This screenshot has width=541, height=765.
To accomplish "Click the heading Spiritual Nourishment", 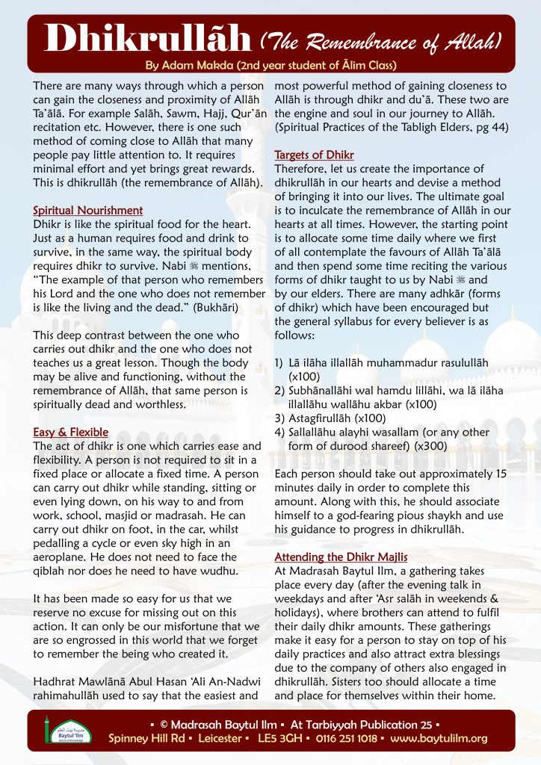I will (x=87, y=211).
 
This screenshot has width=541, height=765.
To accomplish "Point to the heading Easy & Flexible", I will (x=71, y=432).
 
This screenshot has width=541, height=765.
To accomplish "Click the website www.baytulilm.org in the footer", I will (x=438, y=738).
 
